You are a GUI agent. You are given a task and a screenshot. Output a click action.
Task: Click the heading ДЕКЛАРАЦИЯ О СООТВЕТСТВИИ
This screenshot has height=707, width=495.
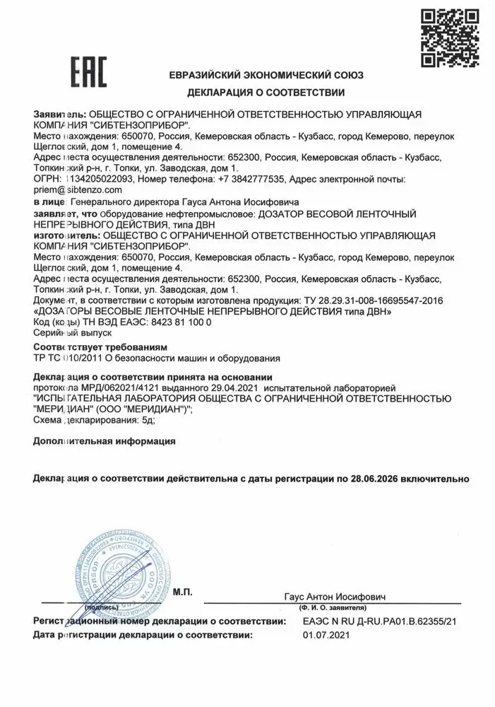266,93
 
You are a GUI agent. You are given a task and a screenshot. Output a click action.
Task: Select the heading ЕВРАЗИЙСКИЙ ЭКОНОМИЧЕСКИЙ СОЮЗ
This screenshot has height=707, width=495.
266,74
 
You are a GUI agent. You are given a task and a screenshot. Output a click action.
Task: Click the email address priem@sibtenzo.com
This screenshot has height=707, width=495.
78,190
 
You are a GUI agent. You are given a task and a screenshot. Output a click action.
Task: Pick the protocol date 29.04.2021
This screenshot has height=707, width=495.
233,388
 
